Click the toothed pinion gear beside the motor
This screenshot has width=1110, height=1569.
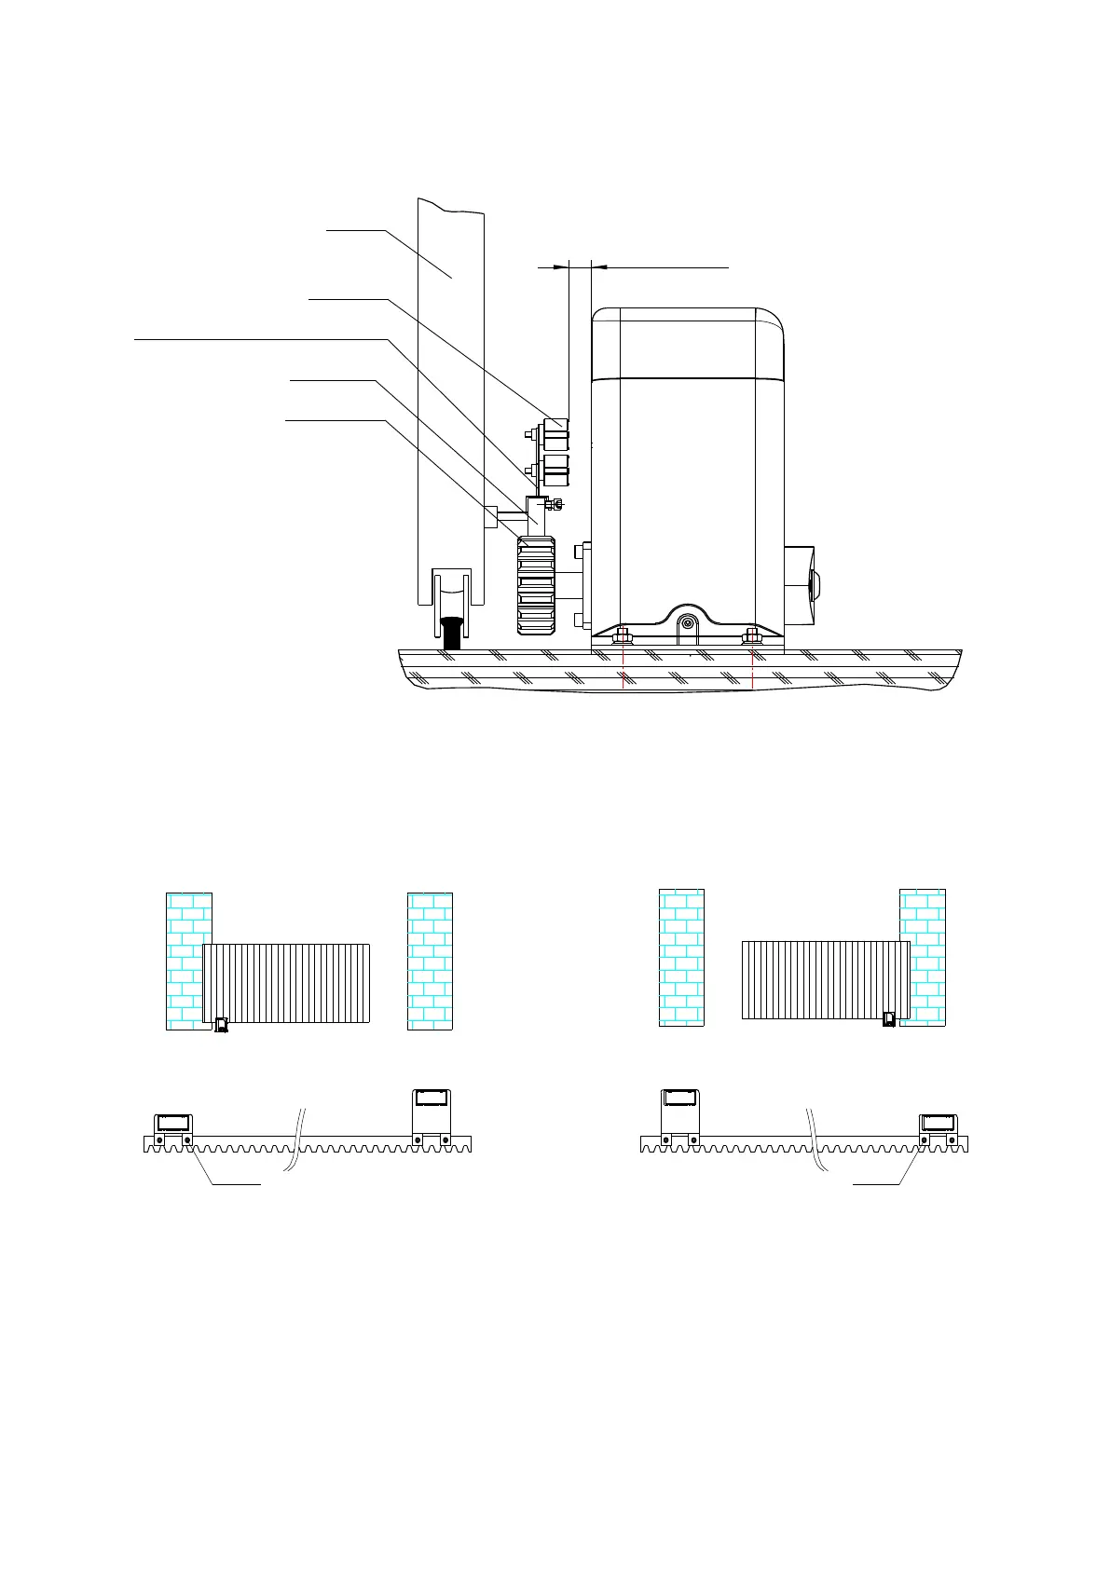[536, 586]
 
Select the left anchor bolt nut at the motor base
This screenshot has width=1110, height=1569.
[622, 638]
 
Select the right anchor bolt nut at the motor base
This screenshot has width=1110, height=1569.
[752, 638]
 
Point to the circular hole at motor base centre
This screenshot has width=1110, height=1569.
[688, 623]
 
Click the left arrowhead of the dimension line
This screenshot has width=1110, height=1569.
[561, 267]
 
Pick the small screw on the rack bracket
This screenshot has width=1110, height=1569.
[555, 506]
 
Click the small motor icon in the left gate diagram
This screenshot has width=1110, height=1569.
[221, 1025]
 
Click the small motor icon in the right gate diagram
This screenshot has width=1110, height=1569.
[889, 1019]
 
